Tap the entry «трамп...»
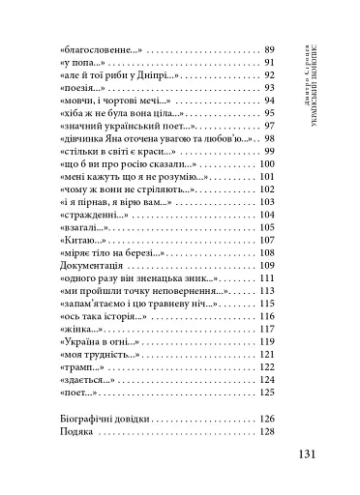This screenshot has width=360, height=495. tap(78, 366)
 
